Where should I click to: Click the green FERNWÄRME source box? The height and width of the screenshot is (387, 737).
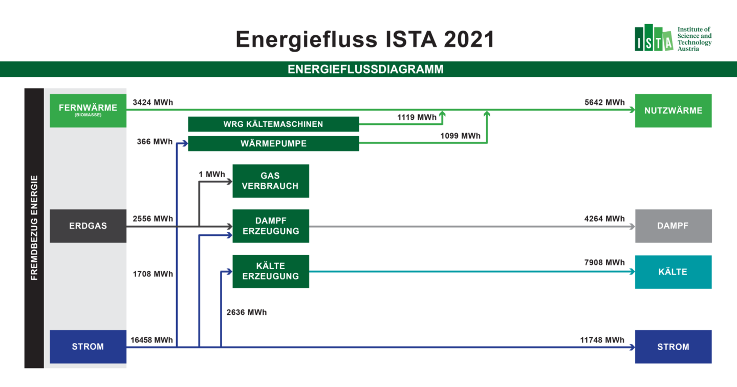pyautogui.click(x=88, y=111)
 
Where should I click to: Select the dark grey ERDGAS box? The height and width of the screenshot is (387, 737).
pyautogui.click(x=88, y=226)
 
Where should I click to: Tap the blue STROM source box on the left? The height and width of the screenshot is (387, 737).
pyautogui.click(x=88, y=347)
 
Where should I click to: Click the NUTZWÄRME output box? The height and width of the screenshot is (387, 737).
pyautogui.click(x=673, y=111)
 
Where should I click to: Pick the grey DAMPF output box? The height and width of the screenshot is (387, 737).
pyautogui.click(x=673, y=226)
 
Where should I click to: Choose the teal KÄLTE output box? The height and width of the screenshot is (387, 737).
pyautogui.click(x=673, y=272)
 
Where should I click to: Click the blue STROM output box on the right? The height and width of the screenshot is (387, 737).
pyautogui.click(x=673, y=347)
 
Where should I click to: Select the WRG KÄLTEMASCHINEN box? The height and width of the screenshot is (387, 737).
pyautogui.click(x=273, y=124)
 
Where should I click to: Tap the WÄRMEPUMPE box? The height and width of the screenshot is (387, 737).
pyautogui.click(x=273, y=143)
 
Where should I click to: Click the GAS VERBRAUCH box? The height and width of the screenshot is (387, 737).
pyautogui.click(x=271, y=181)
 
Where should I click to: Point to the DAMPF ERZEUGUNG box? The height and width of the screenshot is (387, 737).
pyautogui.click(x=271, y=226)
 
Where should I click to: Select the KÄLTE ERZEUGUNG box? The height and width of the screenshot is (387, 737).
pyautogui.click(x=271, y=271)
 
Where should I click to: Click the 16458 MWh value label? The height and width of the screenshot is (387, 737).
pyautogui.click(x=151, y=340)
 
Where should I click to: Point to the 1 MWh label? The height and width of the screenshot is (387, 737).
pyautogui.click(x=212, y=174)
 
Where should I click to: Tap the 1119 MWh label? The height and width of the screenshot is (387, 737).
pyautogui.click(x=417, y=117)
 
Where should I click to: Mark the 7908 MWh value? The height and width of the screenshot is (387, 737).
pyautogui.click(x=604, y=262)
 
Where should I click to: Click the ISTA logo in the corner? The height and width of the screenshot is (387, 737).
pyautogui.click(x=673, y=38)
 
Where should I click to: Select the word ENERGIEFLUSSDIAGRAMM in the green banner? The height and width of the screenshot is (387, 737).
pyautogui.click(x=365, y=69)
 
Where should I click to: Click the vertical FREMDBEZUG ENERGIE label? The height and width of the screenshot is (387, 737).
pyautogui.click(x=34, y=228)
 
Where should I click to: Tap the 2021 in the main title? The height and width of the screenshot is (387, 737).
pyautogui.click(x=469, y=39)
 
